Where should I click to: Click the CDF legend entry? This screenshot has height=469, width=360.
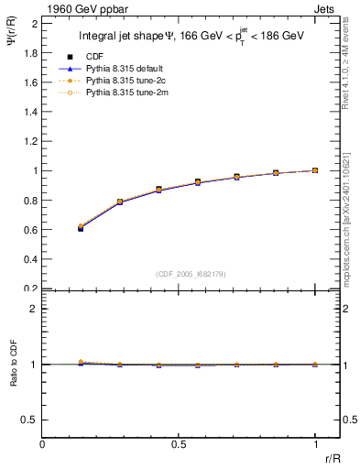coord(94,57)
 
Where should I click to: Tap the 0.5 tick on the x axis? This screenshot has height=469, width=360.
coord(179,445)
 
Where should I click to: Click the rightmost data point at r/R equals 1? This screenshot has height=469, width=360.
coord(315,170)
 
